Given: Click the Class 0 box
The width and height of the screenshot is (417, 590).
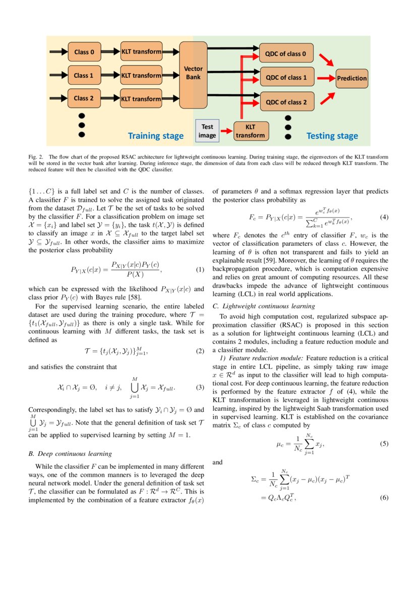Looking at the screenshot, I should pos(84,51).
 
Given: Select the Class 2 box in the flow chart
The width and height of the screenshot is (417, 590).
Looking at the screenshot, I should pos(84,98).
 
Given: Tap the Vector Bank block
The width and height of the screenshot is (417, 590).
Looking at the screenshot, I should pos(193,73).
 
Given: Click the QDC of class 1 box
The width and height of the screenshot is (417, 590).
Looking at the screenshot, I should pos(286,78).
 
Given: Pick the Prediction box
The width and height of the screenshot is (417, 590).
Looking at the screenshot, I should pos(352,78).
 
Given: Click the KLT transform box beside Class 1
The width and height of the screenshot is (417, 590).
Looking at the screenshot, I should pos(141,75).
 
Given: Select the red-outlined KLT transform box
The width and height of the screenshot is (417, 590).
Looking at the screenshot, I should pos(250,131).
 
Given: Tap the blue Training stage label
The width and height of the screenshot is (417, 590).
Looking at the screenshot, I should pos(155,136).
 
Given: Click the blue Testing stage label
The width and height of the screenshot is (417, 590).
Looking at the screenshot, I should pos(332,136).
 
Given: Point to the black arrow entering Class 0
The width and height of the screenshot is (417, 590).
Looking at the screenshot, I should pos(57,51).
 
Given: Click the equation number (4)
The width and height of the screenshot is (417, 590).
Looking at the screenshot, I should pos(384,217).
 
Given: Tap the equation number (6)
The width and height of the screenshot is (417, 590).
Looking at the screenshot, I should pos(384,498).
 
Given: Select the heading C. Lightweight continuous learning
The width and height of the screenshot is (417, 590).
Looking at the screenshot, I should pos(264,306).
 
